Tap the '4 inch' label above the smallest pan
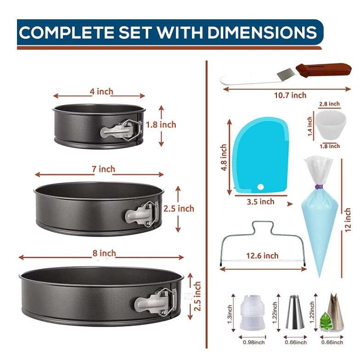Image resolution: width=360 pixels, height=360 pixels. (x=101, y=92)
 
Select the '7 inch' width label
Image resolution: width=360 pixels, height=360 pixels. (x=103, y=169)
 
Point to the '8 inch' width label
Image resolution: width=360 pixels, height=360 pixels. (x=104, y=253)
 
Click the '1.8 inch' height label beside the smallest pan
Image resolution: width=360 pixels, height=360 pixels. (x=161, y=125)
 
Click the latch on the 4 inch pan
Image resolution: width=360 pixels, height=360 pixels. (x=121, y=130)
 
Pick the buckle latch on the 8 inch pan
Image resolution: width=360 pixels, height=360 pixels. (x=156, y=301)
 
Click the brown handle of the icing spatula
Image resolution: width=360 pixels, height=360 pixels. (x=324, y=70)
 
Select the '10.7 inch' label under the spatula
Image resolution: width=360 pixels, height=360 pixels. (x=290, y=95)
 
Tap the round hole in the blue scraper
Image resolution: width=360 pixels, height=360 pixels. (x=261, y=186)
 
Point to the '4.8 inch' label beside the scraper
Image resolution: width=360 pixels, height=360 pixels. (x=224, y=157)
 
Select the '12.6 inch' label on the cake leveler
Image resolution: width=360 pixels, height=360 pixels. (x=262, y=255)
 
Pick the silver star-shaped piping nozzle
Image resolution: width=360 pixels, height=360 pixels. (x=295, y=312)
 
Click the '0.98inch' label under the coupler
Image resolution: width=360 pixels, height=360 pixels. (x=253, y=343)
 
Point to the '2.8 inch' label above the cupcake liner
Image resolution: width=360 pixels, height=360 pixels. (x=329, y=104)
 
